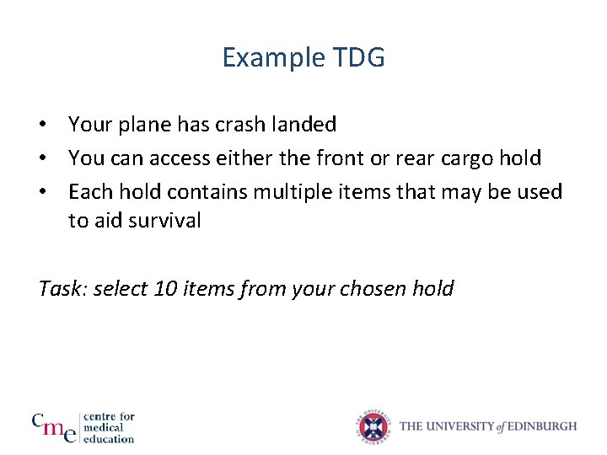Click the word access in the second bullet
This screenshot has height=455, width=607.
186,158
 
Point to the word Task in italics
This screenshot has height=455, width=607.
62,289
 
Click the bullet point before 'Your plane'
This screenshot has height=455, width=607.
41,125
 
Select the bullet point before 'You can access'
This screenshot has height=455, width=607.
41,158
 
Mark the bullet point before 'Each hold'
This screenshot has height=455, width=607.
41,192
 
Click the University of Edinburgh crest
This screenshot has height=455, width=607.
373,426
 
